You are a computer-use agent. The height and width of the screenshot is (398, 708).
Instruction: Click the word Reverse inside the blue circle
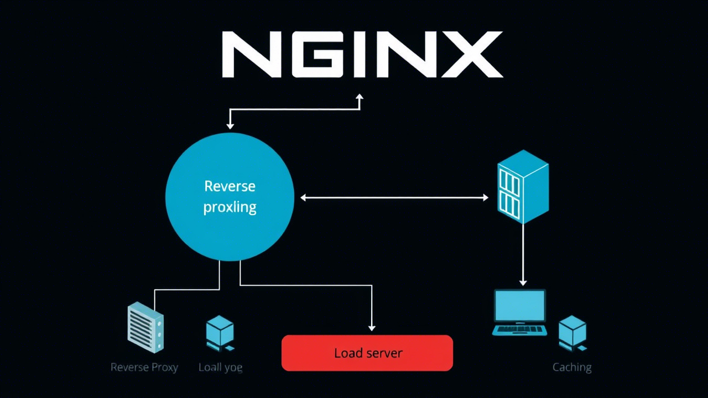tap(230, 186)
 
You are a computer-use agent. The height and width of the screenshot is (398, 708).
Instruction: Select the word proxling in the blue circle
tap(230, 208)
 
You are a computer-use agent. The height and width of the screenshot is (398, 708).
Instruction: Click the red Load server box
tap(367, 353)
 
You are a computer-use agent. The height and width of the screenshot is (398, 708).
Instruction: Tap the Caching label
tap(572, 367)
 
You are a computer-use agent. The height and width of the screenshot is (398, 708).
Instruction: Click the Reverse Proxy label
tap(144, 367)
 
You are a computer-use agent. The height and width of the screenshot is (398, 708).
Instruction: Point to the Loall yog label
tap(220, 367)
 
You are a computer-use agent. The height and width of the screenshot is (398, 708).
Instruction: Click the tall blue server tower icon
tap(523, 186)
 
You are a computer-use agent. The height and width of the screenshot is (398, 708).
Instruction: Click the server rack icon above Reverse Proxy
tap(145, 327)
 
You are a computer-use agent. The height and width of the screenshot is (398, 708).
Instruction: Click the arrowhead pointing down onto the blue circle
tap(230, 126)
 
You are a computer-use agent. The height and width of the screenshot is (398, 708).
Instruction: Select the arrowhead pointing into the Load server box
tap(372, 328)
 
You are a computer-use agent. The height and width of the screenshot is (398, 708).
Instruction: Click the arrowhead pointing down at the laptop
tap(523, 282)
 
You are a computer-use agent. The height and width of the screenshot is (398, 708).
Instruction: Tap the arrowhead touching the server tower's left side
tap(485, 197)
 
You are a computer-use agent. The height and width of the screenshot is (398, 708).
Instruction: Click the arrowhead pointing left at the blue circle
tap(304, 197)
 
